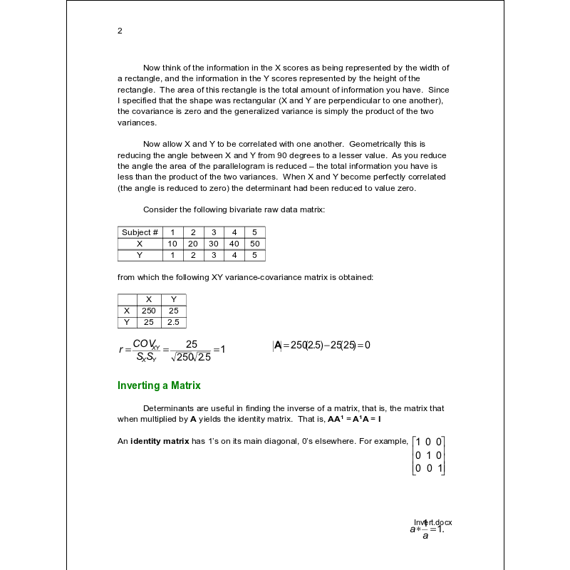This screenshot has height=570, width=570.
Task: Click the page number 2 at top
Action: point(120,31)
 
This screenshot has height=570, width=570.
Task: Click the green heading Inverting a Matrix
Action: point(159,385)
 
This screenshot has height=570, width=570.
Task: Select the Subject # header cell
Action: point(140,232)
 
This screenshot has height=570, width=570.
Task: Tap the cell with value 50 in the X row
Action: point(254,244)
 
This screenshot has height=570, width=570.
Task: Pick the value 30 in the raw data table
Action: point(213,244)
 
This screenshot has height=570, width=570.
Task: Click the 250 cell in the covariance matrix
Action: point(148,311)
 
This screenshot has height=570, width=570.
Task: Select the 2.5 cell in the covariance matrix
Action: point(173,322)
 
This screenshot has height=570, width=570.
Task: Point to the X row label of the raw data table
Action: point(140,244)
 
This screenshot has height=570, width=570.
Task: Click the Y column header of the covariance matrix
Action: point(173,299)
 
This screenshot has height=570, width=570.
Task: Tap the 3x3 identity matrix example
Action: point(429,455)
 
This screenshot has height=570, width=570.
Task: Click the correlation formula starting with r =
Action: point(172,349)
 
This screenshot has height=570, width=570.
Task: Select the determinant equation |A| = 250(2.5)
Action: point(321,346)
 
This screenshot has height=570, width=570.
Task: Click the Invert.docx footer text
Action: point(433,522)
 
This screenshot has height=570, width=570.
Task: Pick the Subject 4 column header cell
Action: point(234,232)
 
